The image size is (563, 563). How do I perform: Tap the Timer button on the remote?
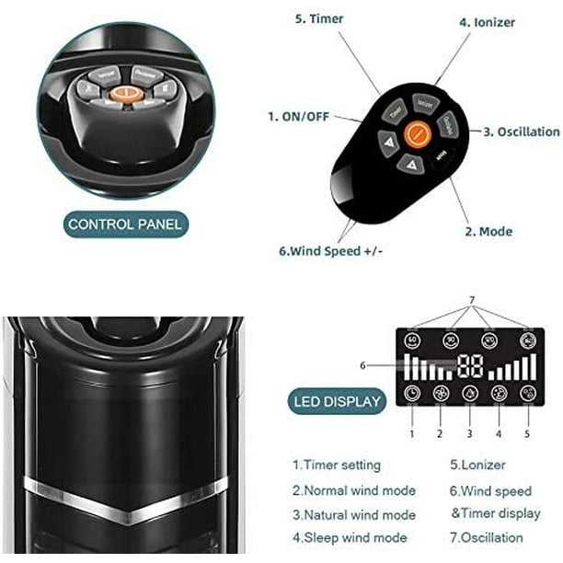(x=396, y=109)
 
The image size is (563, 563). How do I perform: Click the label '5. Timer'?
(x=319, y=18)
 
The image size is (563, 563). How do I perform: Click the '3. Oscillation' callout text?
(x=522, y=132)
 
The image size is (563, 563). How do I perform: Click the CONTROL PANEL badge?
(x=125, y=224)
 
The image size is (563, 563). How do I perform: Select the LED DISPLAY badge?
(x=338, y=401)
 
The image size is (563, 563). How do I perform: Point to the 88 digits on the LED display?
(x=470, y=365)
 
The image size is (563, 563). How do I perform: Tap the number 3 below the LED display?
(x=469, y=432)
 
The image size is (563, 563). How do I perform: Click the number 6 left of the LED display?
(x=362, y=364)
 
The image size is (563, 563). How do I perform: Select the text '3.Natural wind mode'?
(x=354, y=515)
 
